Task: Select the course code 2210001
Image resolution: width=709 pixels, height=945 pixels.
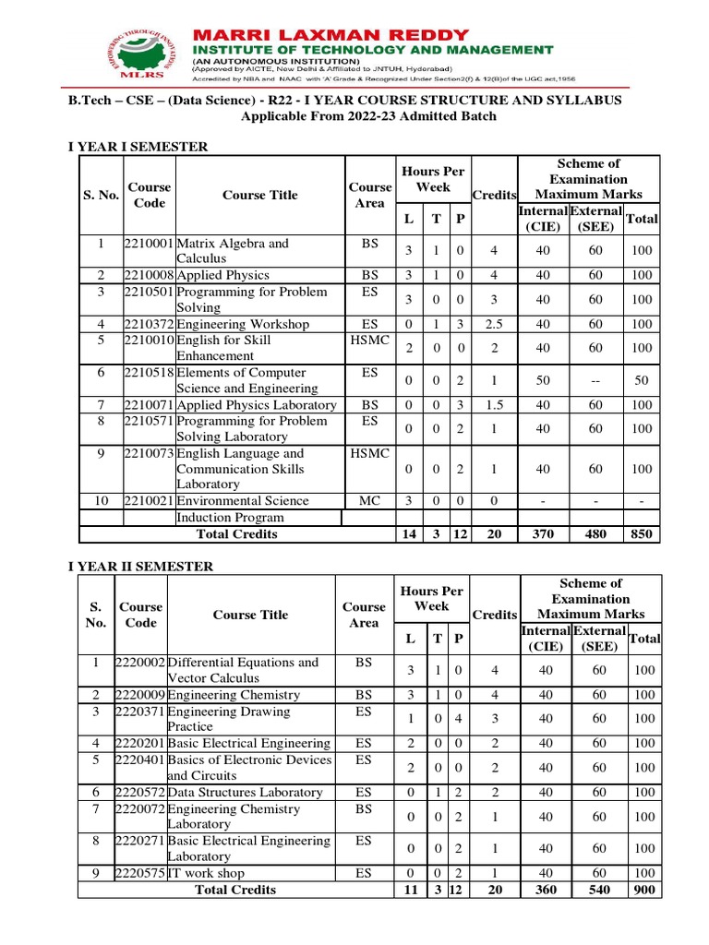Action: [149, 244]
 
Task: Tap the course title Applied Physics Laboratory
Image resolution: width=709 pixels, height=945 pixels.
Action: [256, 405]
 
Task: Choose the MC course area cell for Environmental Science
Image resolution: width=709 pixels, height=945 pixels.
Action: [369, 500]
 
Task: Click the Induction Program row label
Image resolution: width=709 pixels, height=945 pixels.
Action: [230, 518]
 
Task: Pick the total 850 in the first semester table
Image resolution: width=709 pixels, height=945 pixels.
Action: [643, 534]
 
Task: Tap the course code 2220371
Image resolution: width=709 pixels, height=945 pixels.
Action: [140, 712]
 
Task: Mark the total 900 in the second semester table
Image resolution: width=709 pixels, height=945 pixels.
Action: [643, 890]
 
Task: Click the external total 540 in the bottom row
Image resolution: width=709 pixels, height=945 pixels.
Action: [599, 890]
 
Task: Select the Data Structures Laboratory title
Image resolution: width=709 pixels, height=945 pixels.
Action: [245, 792]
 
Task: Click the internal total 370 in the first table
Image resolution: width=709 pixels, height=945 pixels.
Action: [543, 534]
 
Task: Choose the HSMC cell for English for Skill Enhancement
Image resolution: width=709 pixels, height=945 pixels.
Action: [369, 341]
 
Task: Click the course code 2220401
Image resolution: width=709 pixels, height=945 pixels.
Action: [140, 760]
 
